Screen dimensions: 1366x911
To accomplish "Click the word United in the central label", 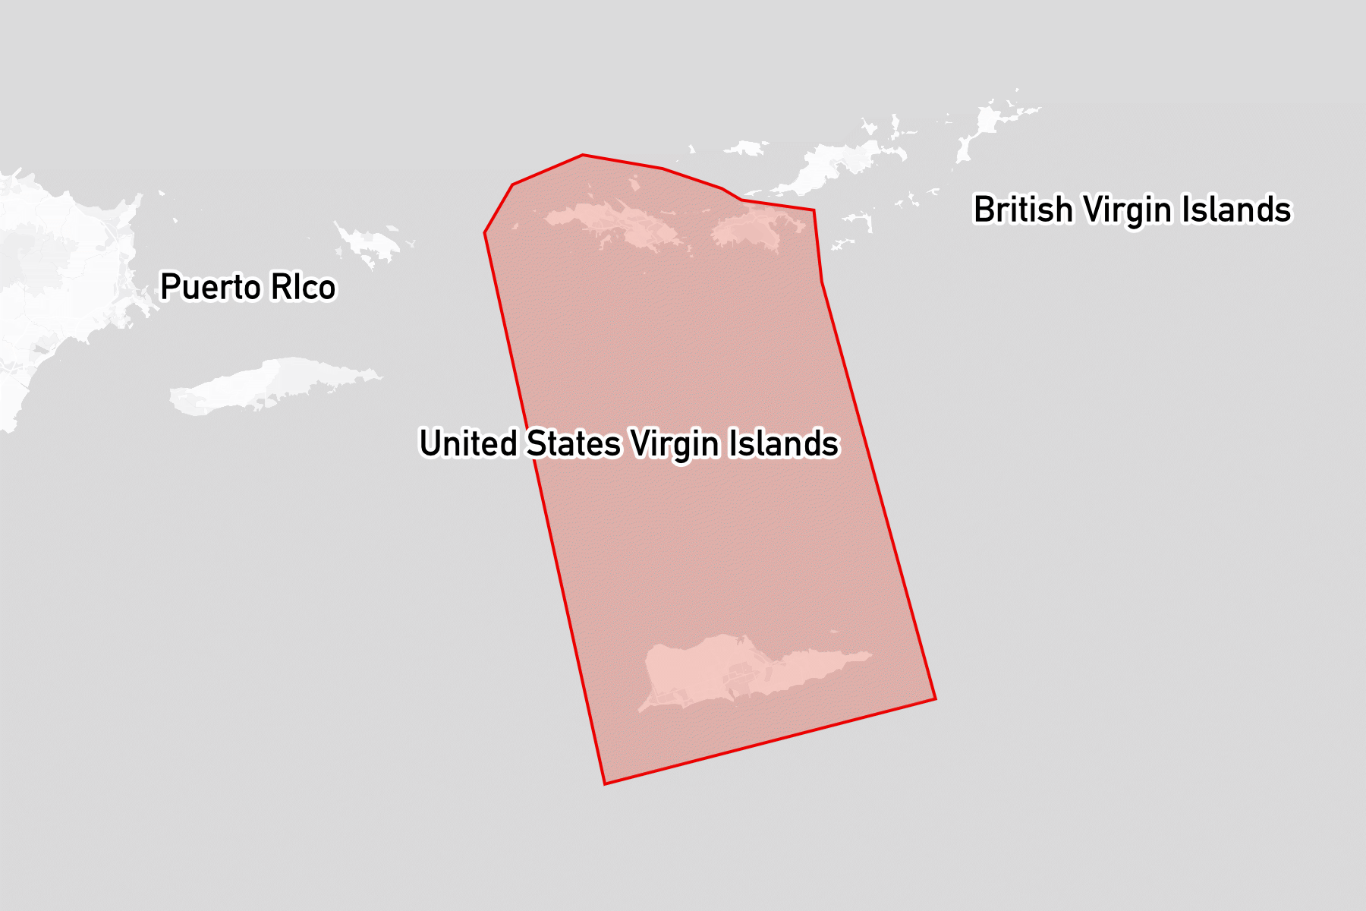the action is [467, 443].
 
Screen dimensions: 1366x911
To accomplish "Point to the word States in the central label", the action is [574, 443].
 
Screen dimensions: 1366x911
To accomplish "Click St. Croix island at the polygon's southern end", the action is [729, 671].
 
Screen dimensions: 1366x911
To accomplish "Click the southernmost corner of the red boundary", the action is [605, 783].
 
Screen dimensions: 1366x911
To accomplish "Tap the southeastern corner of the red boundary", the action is [935, 698].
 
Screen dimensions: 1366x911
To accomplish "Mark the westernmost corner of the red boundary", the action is [485, 232].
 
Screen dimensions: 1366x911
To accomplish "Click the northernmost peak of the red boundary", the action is [583, 155].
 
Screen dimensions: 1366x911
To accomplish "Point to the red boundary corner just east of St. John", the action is [814, 210].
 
